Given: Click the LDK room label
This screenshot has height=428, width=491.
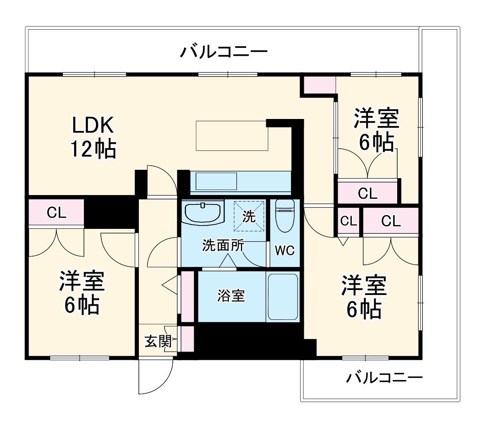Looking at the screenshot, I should (93, 125).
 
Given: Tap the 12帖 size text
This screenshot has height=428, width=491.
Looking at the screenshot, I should (93, 149).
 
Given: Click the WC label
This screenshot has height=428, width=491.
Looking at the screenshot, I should (285, 250).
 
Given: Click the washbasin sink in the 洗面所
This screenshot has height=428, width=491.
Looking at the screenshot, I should (203, 212).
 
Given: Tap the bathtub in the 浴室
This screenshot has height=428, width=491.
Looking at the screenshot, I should (283, 296).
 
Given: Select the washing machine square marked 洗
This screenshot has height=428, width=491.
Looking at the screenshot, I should (249, 216).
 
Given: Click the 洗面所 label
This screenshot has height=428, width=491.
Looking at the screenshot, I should (223, 246).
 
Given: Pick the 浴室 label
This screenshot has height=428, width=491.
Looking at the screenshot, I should (231, 296).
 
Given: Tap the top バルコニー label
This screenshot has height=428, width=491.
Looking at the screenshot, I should (224, 52).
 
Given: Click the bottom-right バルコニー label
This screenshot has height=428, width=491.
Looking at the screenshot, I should (384, 378).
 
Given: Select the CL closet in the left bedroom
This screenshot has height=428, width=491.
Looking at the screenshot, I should (57, 213).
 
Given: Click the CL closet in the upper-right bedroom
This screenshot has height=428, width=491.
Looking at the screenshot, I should (367, 193).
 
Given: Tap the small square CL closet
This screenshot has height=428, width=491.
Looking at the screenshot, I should (348, 221).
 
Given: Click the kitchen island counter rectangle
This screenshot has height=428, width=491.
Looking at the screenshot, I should (231, 136).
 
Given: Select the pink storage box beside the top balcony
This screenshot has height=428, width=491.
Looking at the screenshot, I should (319, 85).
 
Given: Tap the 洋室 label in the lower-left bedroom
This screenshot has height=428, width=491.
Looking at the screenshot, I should (82, 282).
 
